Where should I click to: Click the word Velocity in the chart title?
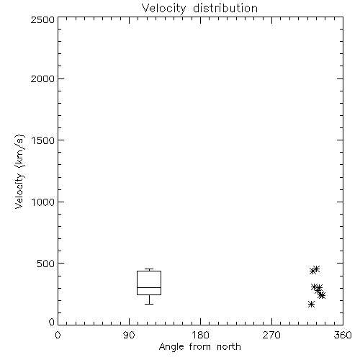click(163, 9)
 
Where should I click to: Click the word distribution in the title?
click(225, 8)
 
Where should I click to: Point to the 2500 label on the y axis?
click(42, 19)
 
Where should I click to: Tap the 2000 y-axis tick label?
click(42, 78)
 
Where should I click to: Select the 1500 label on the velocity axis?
click(43, 140)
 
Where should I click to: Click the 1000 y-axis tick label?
click(43, 202)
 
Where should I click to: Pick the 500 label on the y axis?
click(46, 264)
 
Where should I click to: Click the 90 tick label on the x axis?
click(129, 335)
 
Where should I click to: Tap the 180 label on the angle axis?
click(200, 335)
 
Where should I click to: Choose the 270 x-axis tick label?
click(271, 335)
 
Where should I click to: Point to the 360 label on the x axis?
click(343, 335)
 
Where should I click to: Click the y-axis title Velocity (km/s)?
click(19, 171)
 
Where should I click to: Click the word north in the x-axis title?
click(229, 347)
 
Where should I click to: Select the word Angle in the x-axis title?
click(171, 347)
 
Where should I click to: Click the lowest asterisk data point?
click(311, 305)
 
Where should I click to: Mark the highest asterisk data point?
click(316, 269)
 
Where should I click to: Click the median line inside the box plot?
click(149, 287)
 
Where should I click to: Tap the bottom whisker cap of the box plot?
click(149, 304)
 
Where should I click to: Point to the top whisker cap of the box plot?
click(149, 269)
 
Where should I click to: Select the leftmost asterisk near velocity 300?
click(315, 287)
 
